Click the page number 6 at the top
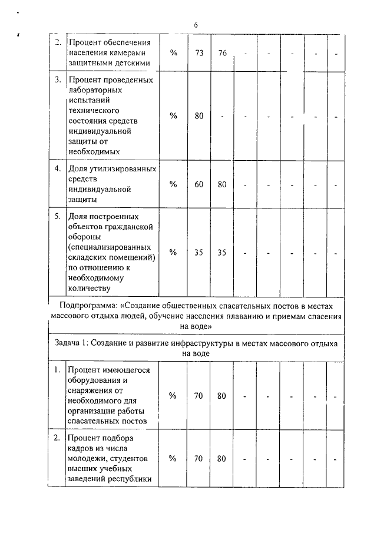click(195, 25)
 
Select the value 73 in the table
click(199, 53)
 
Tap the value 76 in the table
click(222, 53)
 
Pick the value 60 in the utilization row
click(199, 184)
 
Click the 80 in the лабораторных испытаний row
click(199, 116)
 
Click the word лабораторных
click(95, 90)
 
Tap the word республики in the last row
click(131, 479)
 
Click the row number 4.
click(58, 169)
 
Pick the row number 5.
click(58, 217)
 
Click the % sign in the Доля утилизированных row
click(173, 184)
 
